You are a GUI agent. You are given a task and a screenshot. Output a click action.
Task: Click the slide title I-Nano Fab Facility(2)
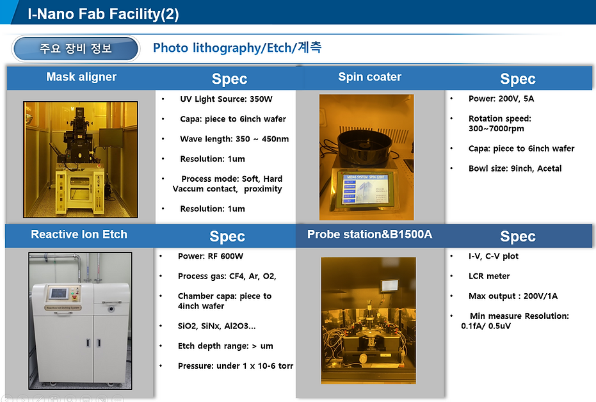tap(103, 13)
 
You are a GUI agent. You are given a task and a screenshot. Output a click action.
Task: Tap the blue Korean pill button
tap(76, 49)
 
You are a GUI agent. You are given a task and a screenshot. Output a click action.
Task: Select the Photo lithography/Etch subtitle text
tap(237, 48)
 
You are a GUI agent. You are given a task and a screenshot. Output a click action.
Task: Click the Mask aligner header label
tap(81, 77)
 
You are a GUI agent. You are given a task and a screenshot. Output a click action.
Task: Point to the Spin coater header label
tap(369, 77)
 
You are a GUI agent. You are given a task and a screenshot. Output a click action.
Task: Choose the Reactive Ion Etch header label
tap(79, 234)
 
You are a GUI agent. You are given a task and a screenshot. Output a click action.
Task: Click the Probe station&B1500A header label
tap(369, 234)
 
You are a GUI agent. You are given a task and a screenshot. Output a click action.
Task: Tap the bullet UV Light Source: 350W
tap(226, 99)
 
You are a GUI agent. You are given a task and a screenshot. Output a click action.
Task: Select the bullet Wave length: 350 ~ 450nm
tap(234, 139)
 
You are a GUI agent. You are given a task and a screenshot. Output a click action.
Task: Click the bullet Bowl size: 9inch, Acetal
tap(515, 168)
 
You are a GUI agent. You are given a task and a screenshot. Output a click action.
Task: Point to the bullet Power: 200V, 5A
tap(501, 99)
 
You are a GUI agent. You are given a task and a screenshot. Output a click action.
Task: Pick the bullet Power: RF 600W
tap(210, 257)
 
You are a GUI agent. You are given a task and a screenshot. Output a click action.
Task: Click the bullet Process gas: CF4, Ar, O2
tap(227, 277)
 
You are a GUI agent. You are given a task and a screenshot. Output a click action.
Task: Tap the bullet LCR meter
tap(489, 277)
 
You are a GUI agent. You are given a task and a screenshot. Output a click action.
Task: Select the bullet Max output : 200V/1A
tap(513, 296)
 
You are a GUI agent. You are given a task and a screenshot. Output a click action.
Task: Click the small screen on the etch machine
tap(59, 293)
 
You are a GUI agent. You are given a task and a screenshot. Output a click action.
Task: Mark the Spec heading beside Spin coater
tap(517, 79)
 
